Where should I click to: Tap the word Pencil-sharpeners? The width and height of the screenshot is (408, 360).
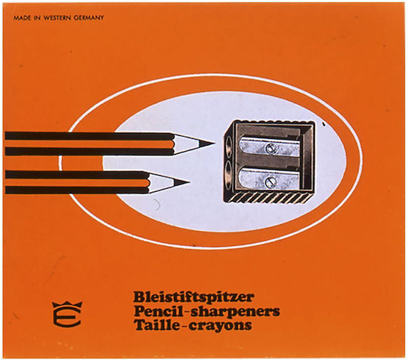click(206, 311)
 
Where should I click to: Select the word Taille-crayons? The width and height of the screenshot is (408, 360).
click(193, 325)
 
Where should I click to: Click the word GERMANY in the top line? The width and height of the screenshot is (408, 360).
click(88, 18)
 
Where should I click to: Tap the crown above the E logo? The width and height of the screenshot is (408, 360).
click(67, 305)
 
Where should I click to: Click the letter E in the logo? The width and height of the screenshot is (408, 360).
click(67, 318)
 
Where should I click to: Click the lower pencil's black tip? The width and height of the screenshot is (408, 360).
click(182, 183)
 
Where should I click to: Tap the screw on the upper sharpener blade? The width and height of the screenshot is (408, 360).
click(270, 149)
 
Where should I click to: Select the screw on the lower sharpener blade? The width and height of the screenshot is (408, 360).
click(269, 182)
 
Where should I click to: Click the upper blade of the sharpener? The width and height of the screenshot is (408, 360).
click(269, 147)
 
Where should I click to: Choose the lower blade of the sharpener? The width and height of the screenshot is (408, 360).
click(268, 180)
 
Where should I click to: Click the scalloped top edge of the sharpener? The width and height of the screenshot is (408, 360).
click(273, 122)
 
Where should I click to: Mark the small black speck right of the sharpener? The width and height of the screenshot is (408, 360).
click(323, 125)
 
